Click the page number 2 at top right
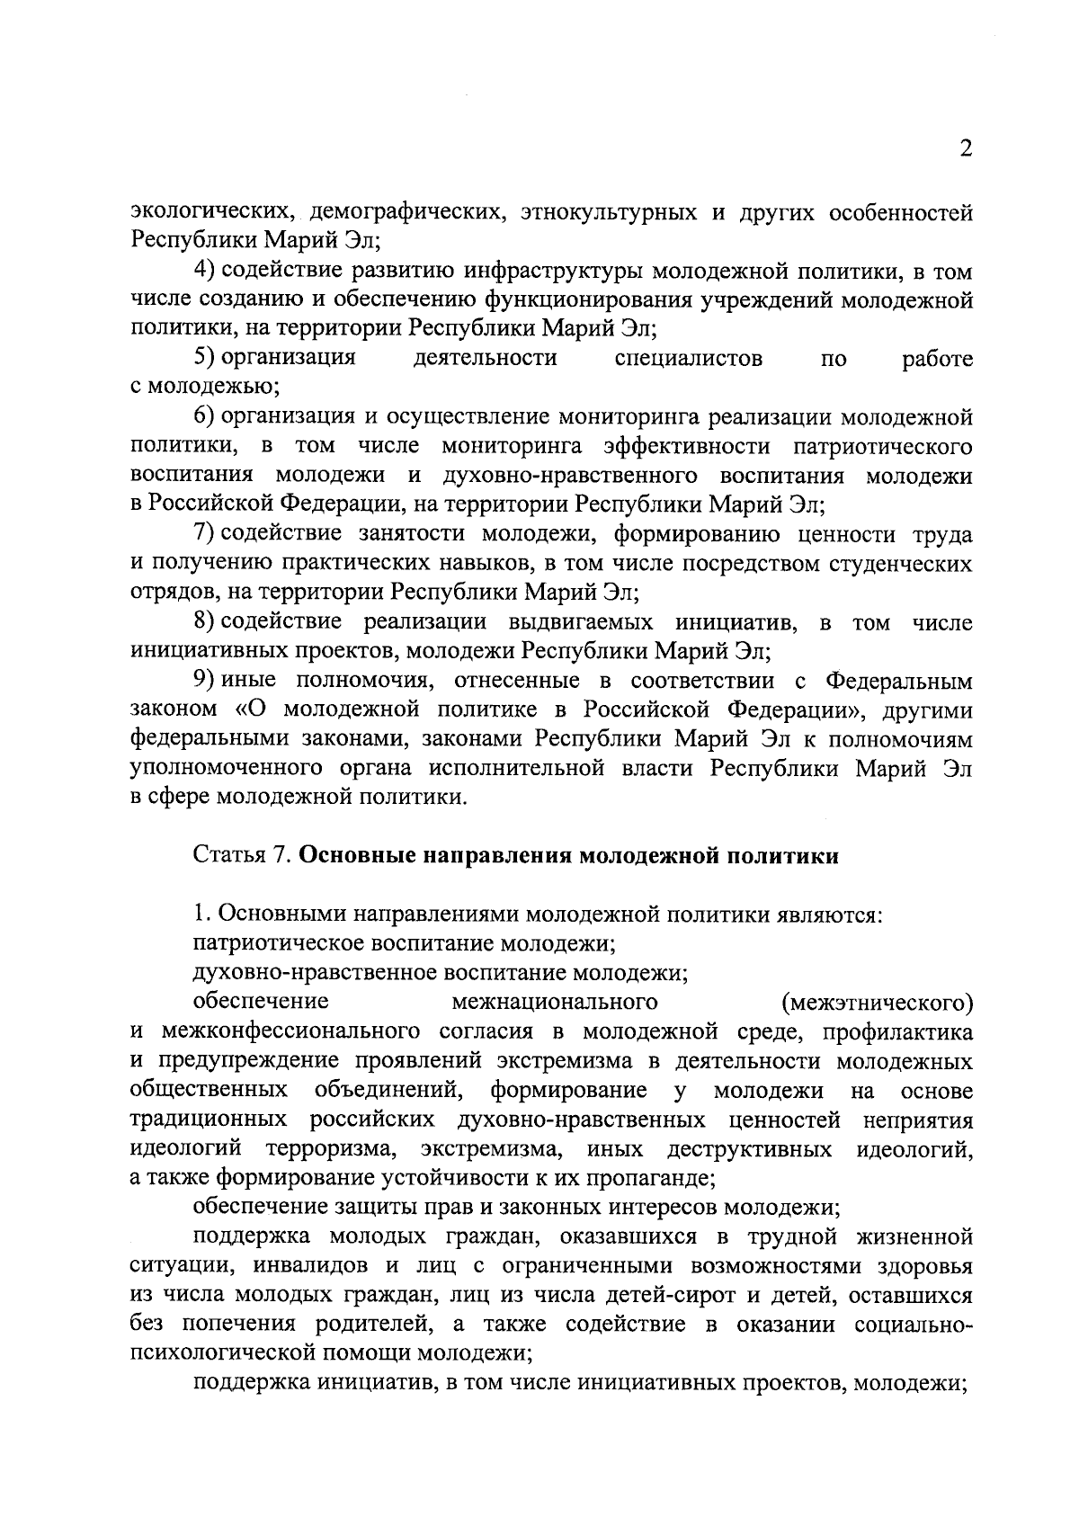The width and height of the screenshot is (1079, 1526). (965, 150)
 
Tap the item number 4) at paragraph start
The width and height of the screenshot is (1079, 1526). (203, 271)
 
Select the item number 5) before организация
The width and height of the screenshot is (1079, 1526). (203, 359)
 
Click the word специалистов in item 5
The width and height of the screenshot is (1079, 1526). (689, 359)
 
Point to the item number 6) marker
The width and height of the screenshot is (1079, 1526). (203, 417)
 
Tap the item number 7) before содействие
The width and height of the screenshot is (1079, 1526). (203, 534)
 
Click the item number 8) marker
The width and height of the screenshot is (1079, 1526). (203, 622)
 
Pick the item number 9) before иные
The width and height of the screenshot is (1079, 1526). (203, 681)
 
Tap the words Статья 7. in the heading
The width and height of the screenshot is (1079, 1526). (240, 856)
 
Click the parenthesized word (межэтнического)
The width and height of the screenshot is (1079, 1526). (877, 1003)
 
